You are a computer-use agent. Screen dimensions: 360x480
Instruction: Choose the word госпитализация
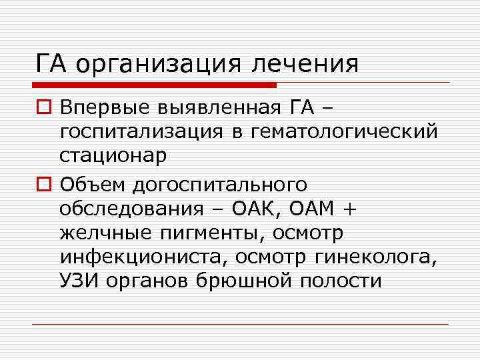click(x=143, y=131)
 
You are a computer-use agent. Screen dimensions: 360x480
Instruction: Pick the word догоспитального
click(x=221, y=182)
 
